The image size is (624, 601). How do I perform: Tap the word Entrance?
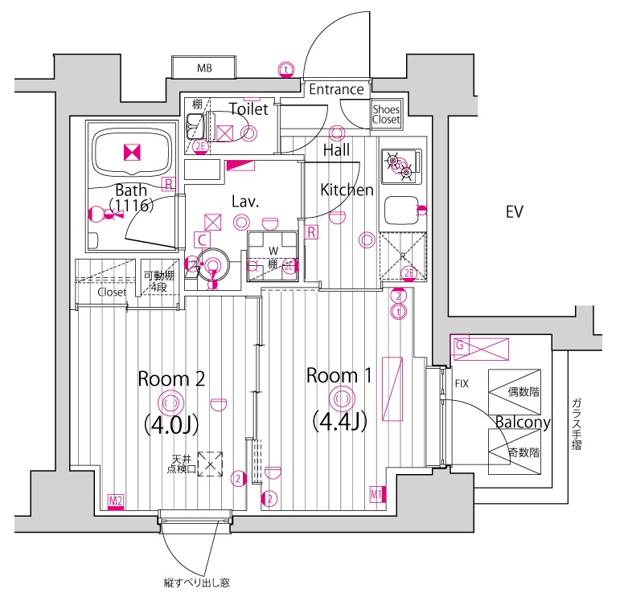coord(336,89)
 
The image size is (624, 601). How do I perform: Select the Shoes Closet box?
coord(386,115)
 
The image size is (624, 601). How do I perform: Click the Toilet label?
coord(248,108)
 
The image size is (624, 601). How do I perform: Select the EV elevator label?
coord(515,213)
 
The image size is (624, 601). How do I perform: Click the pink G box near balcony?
coord(461,345)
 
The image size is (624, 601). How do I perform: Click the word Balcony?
coord(522,423)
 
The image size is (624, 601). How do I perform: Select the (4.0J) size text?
coord(171,423)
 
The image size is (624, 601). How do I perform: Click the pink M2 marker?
coord(116,502)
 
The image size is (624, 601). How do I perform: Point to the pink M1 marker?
coord(376,494)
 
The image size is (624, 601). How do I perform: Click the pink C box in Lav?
coord(203,239)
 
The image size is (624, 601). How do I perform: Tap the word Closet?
coord(112,292)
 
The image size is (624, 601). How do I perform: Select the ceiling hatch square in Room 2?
coord(211,464)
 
